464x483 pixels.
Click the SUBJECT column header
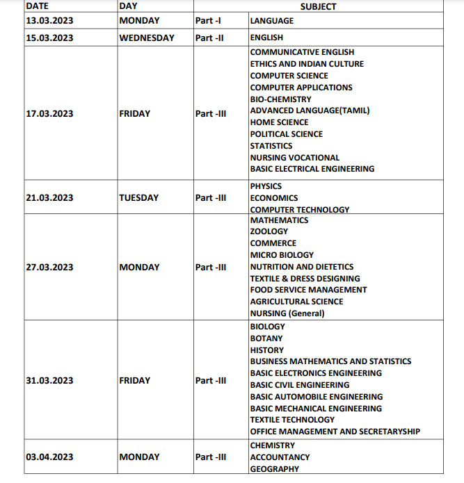pos(318,6)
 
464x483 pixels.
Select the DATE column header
pos(37,6)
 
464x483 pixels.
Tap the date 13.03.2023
pos(49,21)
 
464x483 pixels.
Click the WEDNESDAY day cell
pos(147,38)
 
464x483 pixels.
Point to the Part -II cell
pos(209,38)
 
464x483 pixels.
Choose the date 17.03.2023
pos(49,114)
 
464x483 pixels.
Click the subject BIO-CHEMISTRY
pos(281,99)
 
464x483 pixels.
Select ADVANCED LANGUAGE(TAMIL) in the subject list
pos(310,110)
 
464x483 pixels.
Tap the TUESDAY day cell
pos(139,198)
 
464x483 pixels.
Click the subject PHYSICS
pos(266,186)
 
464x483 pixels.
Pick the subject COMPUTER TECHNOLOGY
pos(300,210)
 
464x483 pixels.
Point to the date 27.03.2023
pos(49,268)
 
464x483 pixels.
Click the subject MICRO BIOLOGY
pos(282,255)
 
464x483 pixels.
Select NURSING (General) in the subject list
pos(287,313)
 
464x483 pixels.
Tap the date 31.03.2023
pos(49,381)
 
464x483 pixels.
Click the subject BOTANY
pos(266,338)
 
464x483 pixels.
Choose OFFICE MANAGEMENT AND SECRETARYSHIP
pos(335,432)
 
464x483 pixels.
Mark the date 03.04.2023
pos(49,457)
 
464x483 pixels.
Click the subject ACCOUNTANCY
pos(280,457)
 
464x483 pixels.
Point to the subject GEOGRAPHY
pos(275,469)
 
